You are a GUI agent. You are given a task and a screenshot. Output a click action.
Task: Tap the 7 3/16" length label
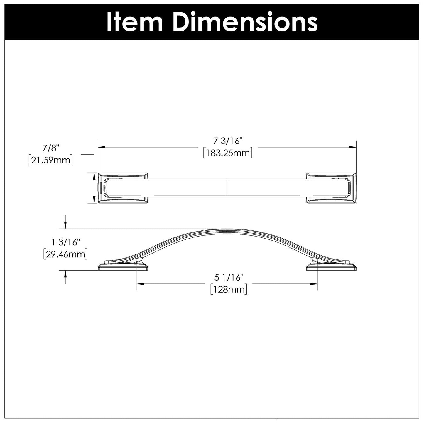coord(227,141)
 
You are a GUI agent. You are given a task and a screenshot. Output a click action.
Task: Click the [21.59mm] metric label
coord(50,160)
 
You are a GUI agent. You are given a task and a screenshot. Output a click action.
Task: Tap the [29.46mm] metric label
coord(65,254)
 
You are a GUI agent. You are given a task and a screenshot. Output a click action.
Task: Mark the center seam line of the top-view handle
coord(227,188)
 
